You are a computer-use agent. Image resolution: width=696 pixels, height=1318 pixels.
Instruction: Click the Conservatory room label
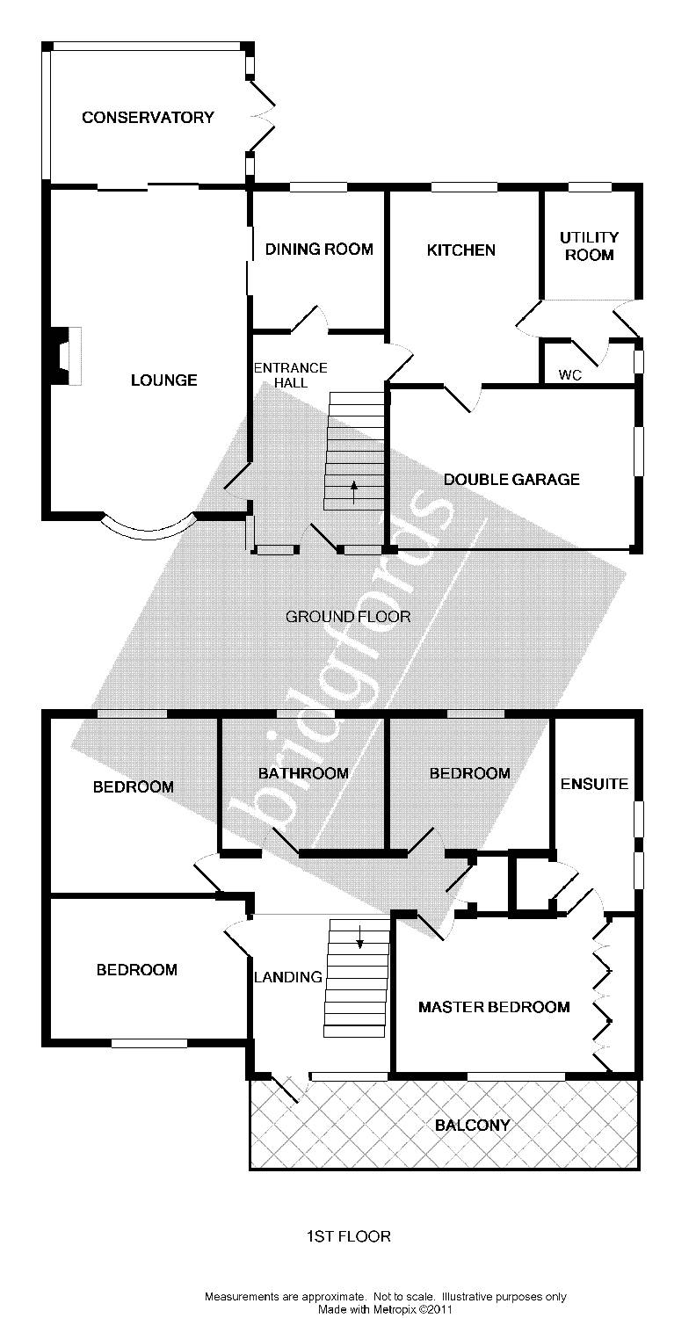[x=148, y=118]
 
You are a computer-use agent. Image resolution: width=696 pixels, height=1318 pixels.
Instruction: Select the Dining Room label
[x=319, y=250]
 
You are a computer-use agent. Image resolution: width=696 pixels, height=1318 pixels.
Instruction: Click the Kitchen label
[x=460, y=250]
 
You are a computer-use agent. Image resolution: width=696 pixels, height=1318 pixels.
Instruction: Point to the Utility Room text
[x=589, y=246]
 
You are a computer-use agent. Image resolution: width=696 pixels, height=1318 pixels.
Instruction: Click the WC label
[x=570, y=375]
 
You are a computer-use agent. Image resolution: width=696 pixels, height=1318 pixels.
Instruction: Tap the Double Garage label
[x=511, y=480]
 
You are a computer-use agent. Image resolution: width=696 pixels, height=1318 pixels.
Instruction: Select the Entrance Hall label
[x=290, y=375]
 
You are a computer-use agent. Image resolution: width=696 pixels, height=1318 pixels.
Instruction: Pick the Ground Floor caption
[x=348, y=617]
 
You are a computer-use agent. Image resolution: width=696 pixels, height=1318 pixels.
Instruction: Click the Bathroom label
[x=303, y=774]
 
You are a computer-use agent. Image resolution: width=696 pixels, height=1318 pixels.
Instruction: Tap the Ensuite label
[x=594, y=784]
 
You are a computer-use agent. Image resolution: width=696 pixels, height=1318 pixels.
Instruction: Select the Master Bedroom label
[x=493, y=1007]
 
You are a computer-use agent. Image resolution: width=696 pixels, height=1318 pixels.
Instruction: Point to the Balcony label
[x=472, y=1125]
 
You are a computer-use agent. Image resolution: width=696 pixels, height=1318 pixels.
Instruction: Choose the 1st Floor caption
[x=348, y=1236]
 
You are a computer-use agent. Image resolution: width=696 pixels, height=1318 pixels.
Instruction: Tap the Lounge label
[x=163, y=380]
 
